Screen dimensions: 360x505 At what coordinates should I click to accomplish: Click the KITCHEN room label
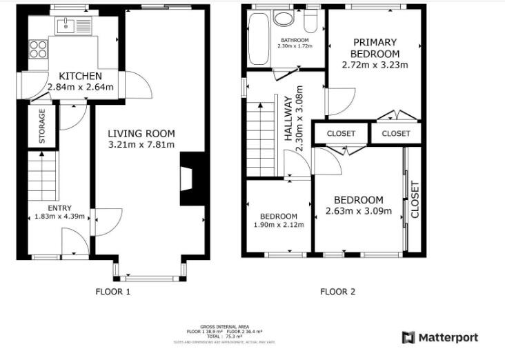coord(80,76)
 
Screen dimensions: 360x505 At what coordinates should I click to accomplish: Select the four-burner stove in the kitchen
coord(38,49)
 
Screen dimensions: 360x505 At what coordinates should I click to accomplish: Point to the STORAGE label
coord(42,126)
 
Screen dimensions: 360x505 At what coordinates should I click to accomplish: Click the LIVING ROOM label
coord(141,134)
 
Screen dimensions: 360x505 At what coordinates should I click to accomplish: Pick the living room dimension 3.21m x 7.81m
coord(141,145)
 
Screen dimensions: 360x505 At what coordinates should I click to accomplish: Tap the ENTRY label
coord(59,208)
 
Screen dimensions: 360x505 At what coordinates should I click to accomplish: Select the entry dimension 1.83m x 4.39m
coord(59,217)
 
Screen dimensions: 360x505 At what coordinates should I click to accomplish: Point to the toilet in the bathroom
coord(311,21)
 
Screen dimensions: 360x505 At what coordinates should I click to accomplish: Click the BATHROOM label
coord(295,40)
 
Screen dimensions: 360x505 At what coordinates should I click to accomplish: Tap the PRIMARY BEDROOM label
coord(375,48)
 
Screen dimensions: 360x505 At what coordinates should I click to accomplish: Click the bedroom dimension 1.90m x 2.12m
coord(278,225)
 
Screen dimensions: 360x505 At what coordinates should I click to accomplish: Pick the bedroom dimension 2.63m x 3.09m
coord(359,211)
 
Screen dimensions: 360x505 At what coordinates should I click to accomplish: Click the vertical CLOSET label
coord(415,199)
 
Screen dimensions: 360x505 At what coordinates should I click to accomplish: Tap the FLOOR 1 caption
coord(112,292)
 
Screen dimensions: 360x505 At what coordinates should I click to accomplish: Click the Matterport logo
coord(439,337)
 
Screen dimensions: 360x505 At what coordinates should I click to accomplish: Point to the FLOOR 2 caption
coord(338,292)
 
